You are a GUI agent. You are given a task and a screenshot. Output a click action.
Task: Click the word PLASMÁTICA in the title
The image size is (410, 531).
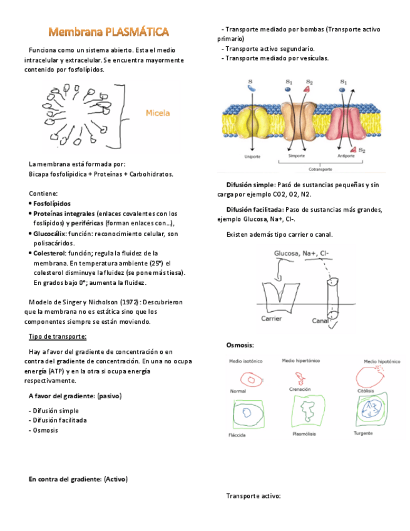coord(137,31)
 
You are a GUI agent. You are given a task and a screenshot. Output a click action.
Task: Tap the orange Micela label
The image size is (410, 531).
coord(158,113)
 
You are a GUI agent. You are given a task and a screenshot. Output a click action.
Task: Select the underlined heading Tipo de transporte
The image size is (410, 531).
coord(58,336)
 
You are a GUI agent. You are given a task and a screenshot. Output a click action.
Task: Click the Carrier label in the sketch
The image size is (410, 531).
coord(272,318)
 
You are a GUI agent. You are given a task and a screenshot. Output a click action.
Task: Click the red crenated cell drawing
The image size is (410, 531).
coord(300,379)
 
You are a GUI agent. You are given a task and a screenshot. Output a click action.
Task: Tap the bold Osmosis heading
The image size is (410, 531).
coord(240,346)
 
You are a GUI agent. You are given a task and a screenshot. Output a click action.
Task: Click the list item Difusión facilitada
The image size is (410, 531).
coord(58,420)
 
